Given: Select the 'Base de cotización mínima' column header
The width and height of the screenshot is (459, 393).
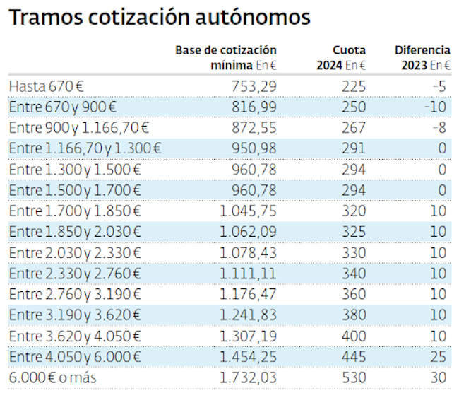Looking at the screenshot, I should pyautogui.click(x=226, y=57).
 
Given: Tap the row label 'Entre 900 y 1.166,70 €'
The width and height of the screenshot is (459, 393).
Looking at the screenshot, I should pyautogui.click(x=78, y=127).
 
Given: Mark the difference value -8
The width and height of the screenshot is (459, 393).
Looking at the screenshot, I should pyautogui.click(x=441, y=127).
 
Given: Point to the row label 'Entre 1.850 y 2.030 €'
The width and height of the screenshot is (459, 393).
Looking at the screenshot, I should pyautogui.click(x=75, y=232).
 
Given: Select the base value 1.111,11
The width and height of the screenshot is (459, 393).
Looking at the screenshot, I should pyautogui.click(x=249, y=274).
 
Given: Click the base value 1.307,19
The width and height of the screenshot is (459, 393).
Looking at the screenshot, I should pyautogui.click(x=249, y=336).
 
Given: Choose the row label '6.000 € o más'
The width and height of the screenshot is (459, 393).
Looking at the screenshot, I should pyautogui.click(x=52, y=378).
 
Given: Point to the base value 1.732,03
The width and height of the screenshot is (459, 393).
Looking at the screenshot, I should pyautogui.click(x=249, y=378).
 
